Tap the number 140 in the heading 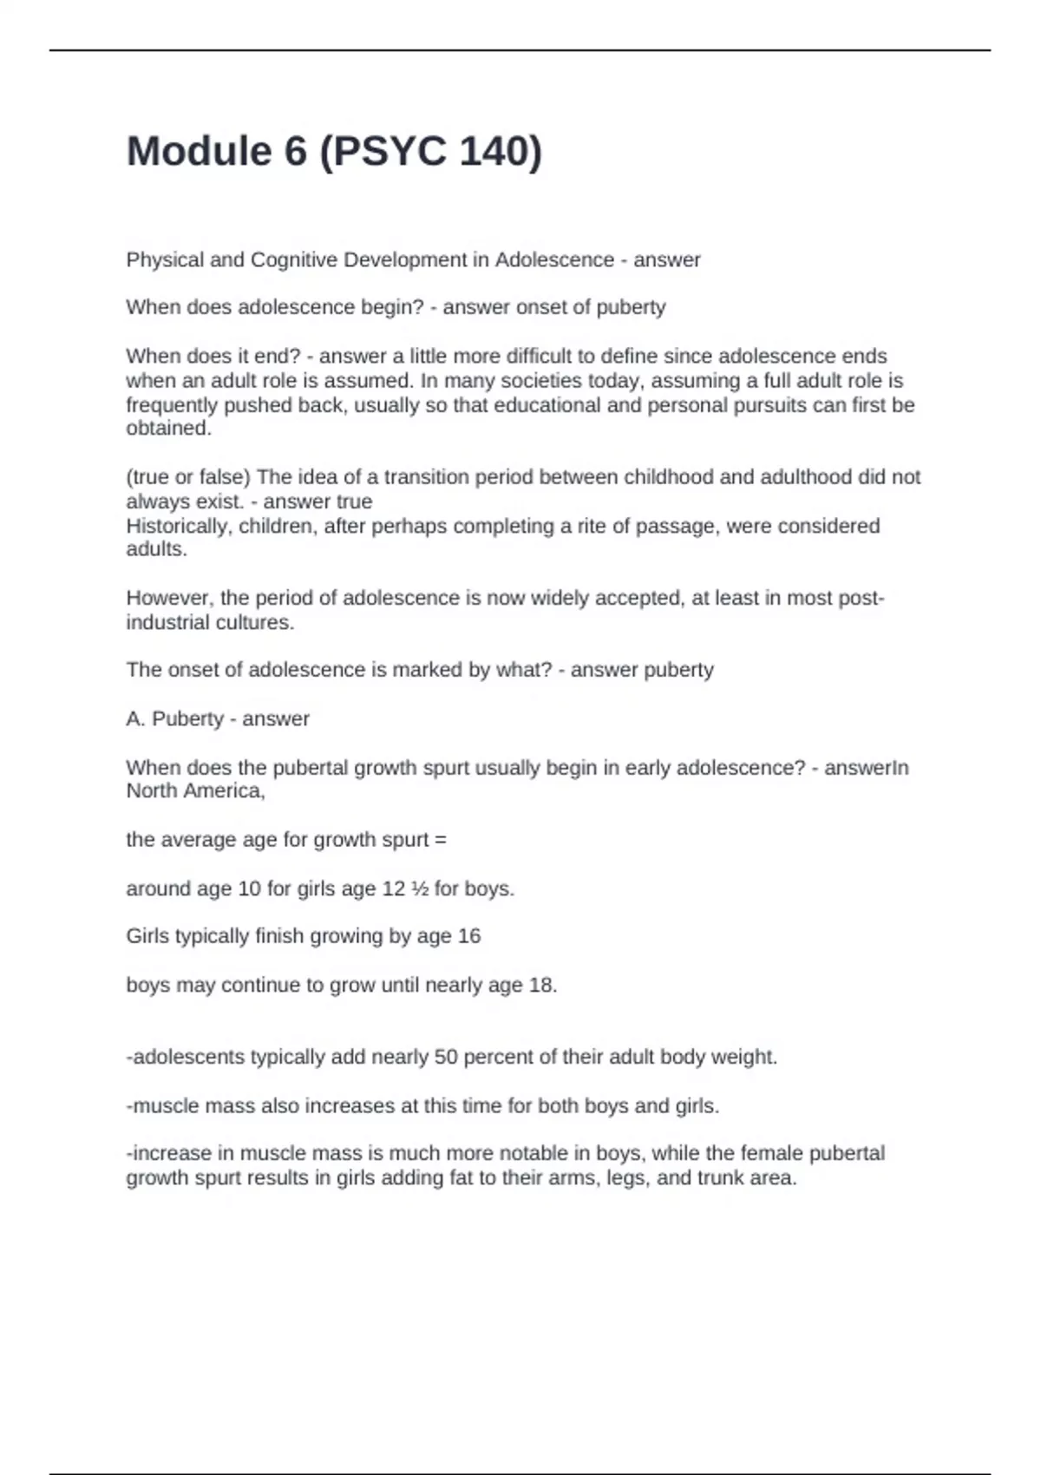[490, 151]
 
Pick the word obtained [168, 429]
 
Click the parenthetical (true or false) [188, 477]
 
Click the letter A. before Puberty [136, 719]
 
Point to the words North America [194, 791]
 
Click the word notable [546, 1154]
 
